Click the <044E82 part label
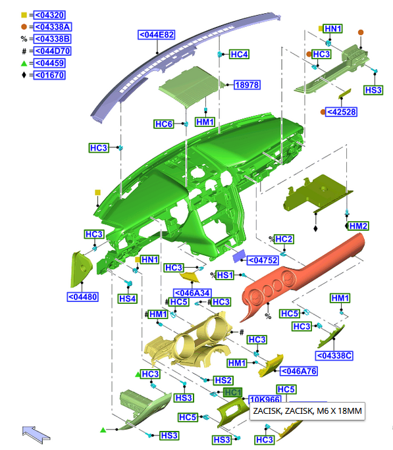tap(157, 35)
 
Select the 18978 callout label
tap(247, 85)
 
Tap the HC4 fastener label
tap(239, 54)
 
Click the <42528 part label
tap(342, 112)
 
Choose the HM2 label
tap(358, 226)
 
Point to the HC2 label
tap(284, 239)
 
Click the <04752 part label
tap(263, 261)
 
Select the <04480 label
tap(83, 297)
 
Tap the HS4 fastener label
tap(128, 299)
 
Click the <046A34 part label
tap(192, 293)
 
